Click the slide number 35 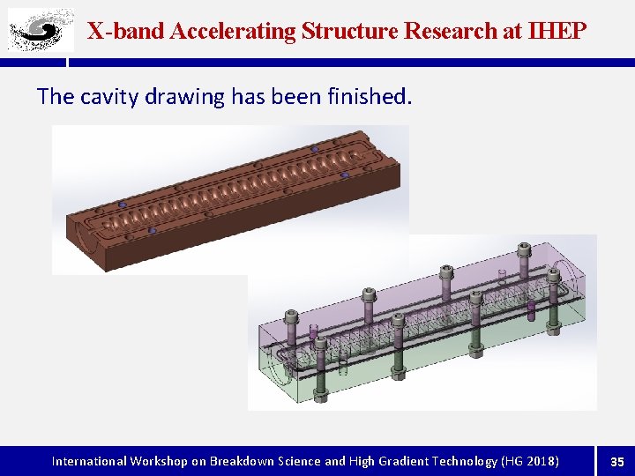click(617, 461)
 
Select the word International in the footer click(89, 461)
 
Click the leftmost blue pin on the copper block click(123, 205)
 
